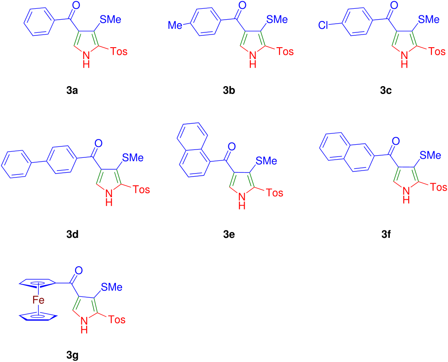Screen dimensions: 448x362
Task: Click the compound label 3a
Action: [72, 90]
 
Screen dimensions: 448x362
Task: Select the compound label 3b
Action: [229, 90]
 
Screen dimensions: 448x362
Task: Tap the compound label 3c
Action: [386, 90]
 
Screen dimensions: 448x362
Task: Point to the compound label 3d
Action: [72, 234]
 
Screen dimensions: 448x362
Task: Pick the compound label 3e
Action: [229, 234]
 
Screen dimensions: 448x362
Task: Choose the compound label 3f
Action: [386, 234]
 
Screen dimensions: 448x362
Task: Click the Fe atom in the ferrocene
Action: [38, 300]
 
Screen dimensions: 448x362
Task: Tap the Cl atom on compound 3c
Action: [323, 25]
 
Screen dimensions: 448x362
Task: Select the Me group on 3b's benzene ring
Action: [175, 25]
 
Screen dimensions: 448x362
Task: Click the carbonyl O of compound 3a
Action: [76, 5]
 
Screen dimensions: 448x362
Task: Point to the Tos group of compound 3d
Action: [141, 190]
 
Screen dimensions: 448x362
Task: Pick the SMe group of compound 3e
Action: [266, 161]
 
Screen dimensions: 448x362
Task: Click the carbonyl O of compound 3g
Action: [78, 270]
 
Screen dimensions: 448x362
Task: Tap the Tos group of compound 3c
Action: [437, 52]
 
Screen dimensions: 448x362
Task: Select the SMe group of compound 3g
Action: [112, 287]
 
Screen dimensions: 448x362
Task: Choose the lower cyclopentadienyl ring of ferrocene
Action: [38, 317]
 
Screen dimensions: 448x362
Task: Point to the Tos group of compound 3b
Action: [285, 52]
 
